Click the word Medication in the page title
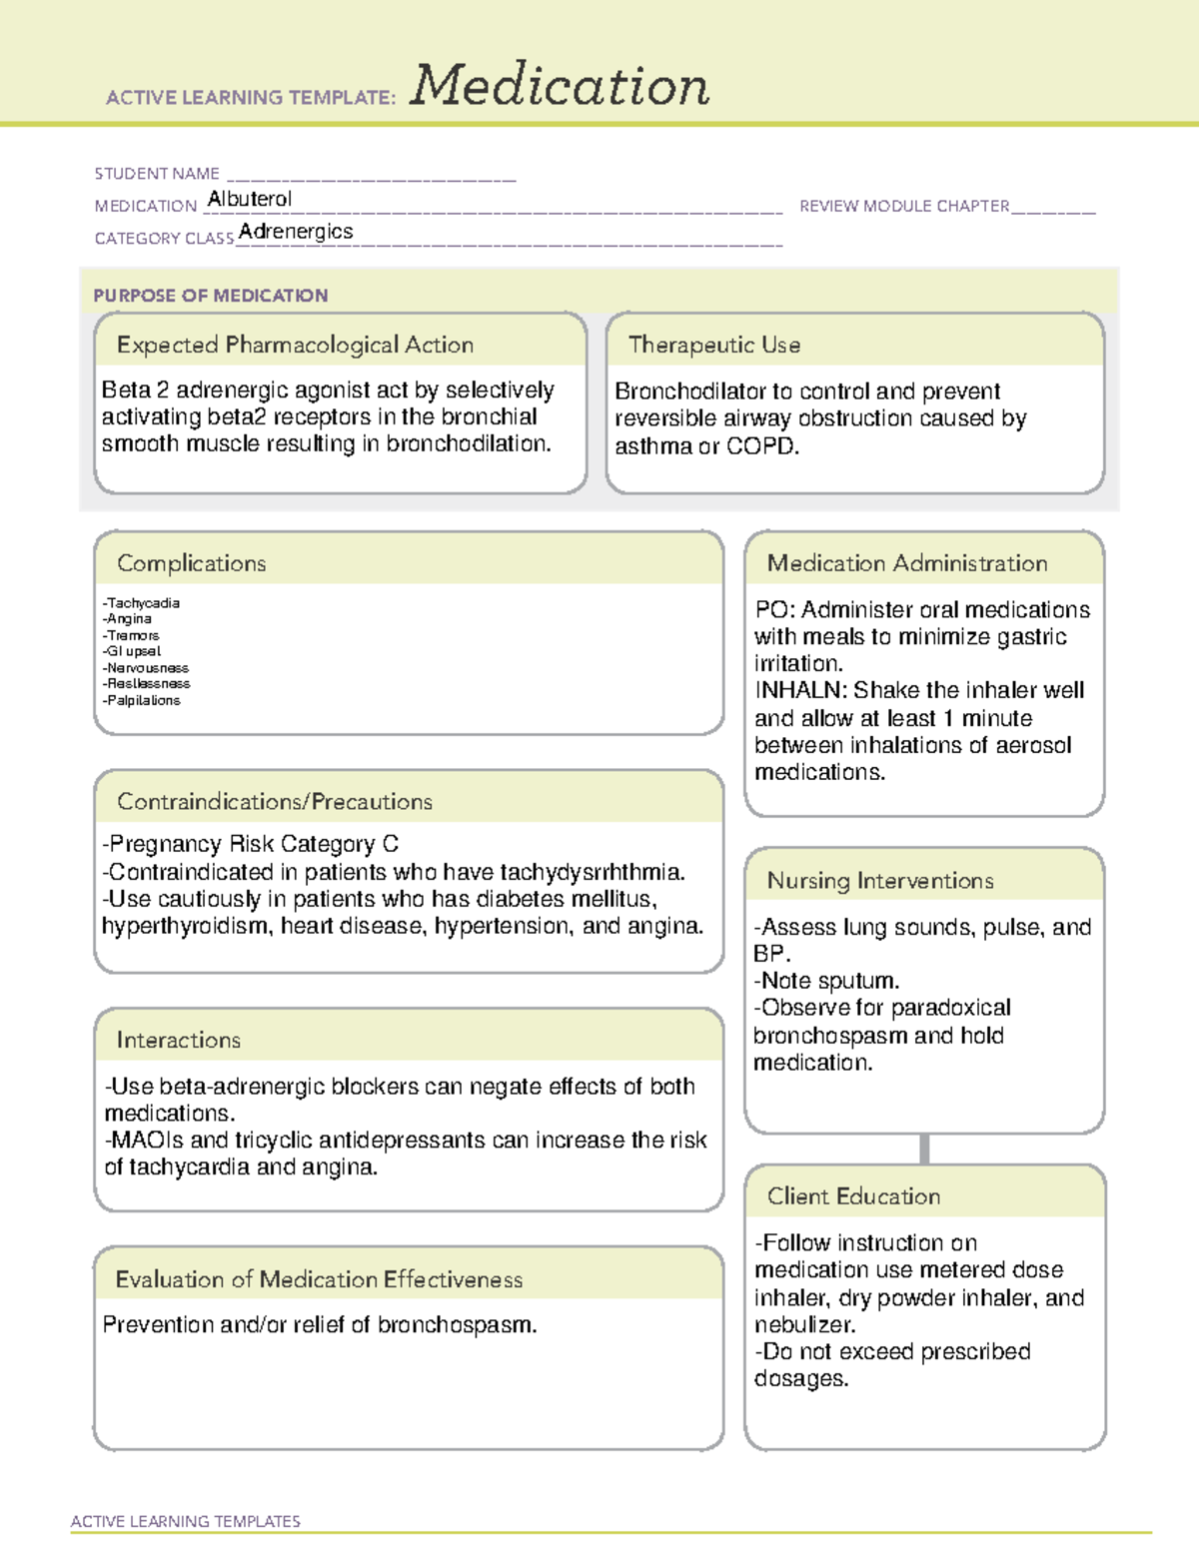pos(560,86)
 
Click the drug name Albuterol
pos(250,199)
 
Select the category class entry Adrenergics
pos(296,232)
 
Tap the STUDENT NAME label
pos(157,174)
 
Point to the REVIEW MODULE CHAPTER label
pos(904,206)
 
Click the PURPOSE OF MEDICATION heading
pos(211,296)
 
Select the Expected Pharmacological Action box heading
pos(295,345)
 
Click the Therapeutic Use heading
pos(714,345)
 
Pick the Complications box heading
pos(192,563)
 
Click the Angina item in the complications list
pos(129,619)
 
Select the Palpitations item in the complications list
pos(143,701)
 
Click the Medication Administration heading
pos(907,563)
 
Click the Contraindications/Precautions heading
pos(275,802)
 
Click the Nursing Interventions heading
pos(880,881)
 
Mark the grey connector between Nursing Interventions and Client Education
pos(924,1149)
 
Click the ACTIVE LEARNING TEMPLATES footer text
pos(186,1521)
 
